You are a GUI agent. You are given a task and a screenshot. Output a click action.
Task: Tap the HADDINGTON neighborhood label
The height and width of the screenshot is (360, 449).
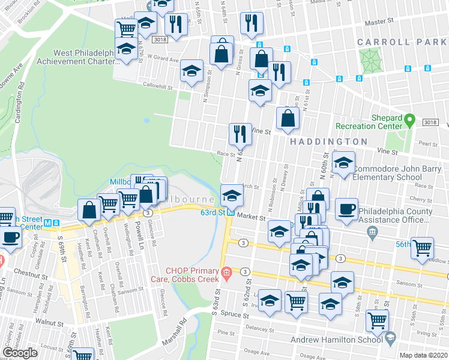(x=330, y=142)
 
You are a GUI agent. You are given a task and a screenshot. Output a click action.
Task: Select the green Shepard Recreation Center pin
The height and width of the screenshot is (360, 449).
(x=410, y=119)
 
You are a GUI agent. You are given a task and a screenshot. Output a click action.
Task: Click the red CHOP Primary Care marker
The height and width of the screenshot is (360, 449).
(x=226, y=274)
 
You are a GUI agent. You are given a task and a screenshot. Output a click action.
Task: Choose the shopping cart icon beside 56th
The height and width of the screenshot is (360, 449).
(x=423, y=247)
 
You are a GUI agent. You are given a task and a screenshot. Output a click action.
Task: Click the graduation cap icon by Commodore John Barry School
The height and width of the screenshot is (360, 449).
(x=343, y=164)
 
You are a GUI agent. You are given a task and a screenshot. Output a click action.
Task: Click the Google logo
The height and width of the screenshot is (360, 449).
(x=20, y=353)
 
